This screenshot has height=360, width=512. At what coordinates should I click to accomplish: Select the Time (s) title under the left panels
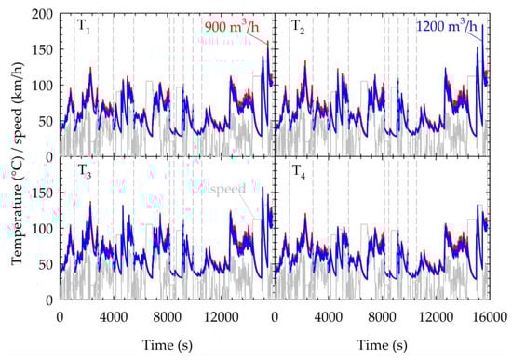(166, 345)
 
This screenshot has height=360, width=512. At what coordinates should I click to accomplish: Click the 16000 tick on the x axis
(487, 317)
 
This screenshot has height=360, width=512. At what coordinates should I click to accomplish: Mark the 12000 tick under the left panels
(220, 317)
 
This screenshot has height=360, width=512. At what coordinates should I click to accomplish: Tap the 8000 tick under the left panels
(167, 317)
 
